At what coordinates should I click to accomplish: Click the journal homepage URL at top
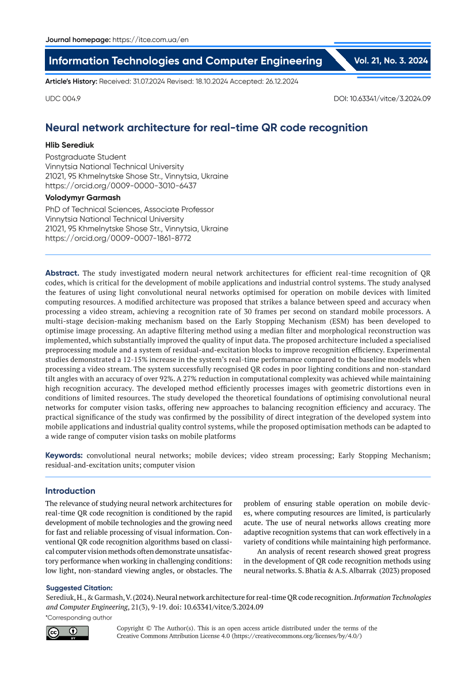150,40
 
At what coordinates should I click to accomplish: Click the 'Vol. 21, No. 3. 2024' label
391,60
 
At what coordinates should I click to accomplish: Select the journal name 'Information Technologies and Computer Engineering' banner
185,61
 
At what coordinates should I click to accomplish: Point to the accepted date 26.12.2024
279,82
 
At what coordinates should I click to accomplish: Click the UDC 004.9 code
63,98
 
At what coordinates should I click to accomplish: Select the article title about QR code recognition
206,128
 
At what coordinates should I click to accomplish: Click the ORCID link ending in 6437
121,186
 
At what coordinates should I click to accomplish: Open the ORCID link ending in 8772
118,237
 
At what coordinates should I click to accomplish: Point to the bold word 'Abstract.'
62,273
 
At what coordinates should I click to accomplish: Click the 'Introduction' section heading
70,491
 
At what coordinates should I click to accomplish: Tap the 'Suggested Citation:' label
79,588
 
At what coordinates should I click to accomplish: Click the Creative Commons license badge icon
67,633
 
